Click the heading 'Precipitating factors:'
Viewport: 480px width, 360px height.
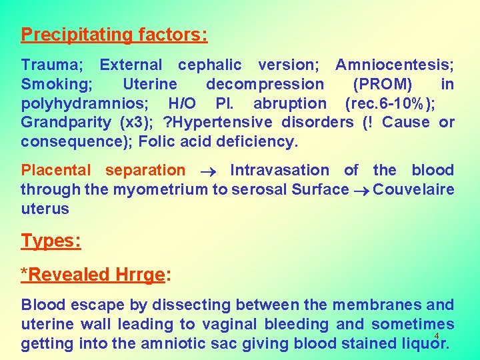pyautogui.click(x=114, y=34)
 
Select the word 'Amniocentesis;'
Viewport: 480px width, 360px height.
pyautogui.click(x=395, y=65)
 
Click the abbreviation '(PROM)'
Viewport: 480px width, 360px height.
pyautogui.click(x=382, y=85)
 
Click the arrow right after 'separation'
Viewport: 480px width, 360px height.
pyautogui.click(x=207, y=171)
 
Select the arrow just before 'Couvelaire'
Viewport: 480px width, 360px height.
pyautogui.click(x=361, y=191)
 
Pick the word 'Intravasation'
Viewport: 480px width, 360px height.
pyautogui.click(x=279, y=171)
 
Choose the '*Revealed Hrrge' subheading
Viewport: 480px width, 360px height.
pyautogui.click(x=93, y=274)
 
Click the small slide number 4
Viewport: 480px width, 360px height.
pyautogui.click(x=436, y=336)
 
